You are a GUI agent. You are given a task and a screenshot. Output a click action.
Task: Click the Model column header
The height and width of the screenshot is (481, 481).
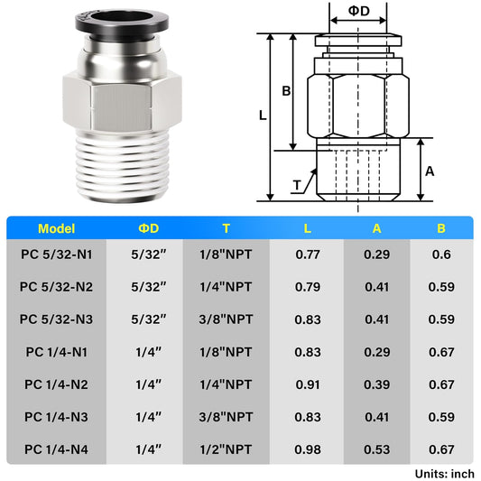pyautogui.click(x=57, y=229)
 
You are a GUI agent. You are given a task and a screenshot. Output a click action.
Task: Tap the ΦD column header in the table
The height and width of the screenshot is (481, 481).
pyautogui.click(x=149, y=228)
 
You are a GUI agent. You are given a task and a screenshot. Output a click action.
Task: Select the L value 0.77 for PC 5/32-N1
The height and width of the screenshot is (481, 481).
pyautogui.click(x=308, y=254)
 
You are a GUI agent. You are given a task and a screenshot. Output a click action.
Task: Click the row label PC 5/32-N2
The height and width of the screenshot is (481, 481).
pyautogui.click(x=56, y=287)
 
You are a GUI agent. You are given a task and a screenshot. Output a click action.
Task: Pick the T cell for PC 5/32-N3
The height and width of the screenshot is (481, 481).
pyautogui.click(x=226, y=319)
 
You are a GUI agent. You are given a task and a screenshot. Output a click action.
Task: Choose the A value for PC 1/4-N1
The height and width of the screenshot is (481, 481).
pyautogui.click(x=377, y=352)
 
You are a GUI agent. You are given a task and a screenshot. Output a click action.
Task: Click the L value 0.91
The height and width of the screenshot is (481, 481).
pyautogui.click(x=308, y=384)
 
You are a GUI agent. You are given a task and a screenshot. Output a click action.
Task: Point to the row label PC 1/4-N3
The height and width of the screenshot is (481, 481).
pyautogui.click(x=56, y=417)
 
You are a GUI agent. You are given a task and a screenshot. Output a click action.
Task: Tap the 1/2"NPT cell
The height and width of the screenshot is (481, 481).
pyautogui.click(x=226, y=449)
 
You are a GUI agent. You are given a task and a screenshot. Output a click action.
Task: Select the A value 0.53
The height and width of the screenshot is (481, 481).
pyautogui.click(x=377, y=449)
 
